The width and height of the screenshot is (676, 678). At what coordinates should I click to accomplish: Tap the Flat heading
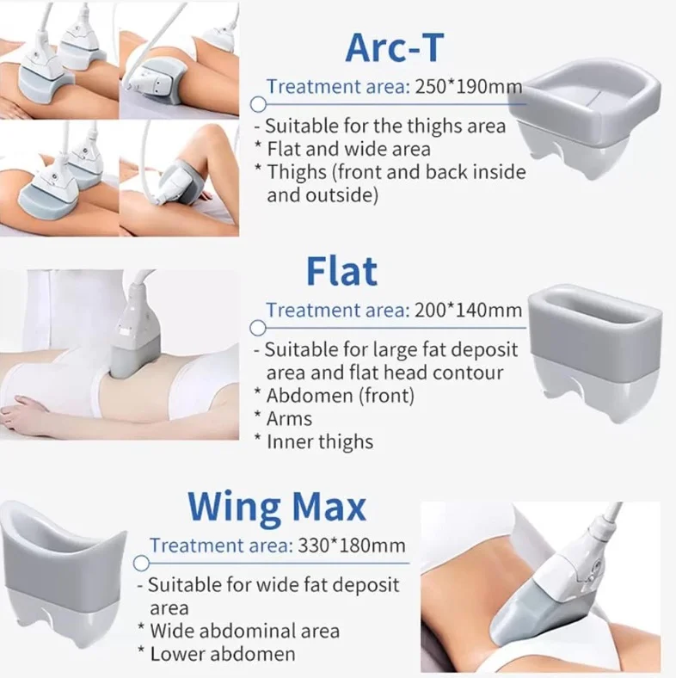(342, 272)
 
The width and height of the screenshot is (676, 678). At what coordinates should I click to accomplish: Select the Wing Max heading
(277, 506)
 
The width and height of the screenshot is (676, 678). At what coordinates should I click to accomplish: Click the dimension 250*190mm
(469, 87)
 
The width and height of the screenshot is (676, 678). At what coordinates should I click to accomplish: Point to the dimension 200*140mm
(468, 310)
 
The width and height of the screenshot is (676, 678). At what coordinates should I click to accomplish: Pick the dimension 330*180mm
(352, 545)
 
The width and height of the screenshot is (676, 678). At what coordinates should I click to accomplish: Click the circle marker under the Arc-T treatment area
(258, 104)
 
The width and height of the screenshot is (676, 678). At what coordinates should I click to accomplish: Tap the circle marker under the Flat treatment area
(258, 328)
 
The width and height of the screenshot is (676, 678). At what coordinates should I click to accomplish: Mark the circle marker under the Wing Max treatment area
(141, 564)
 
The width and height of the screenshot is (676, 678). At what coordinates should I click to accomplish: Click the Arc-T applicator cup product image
(585, 116)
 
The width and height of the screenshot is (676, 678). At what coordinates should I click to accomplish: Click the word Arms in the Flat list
(289, 418)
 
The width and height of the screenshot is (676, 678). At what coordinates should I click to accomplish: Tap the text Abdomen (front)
(341, 395)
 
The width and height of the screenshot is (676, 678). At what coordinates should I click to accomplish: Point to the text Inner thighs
(320, 442)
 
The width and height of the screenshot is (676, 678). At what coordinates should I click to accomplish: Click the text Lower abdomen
(223, 654)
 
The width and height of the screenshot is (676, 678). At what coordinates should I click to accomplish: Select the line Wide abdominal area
(244, 631)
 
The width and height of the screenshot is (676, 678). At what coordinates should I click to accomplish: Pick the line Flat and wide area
(348, 149)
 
